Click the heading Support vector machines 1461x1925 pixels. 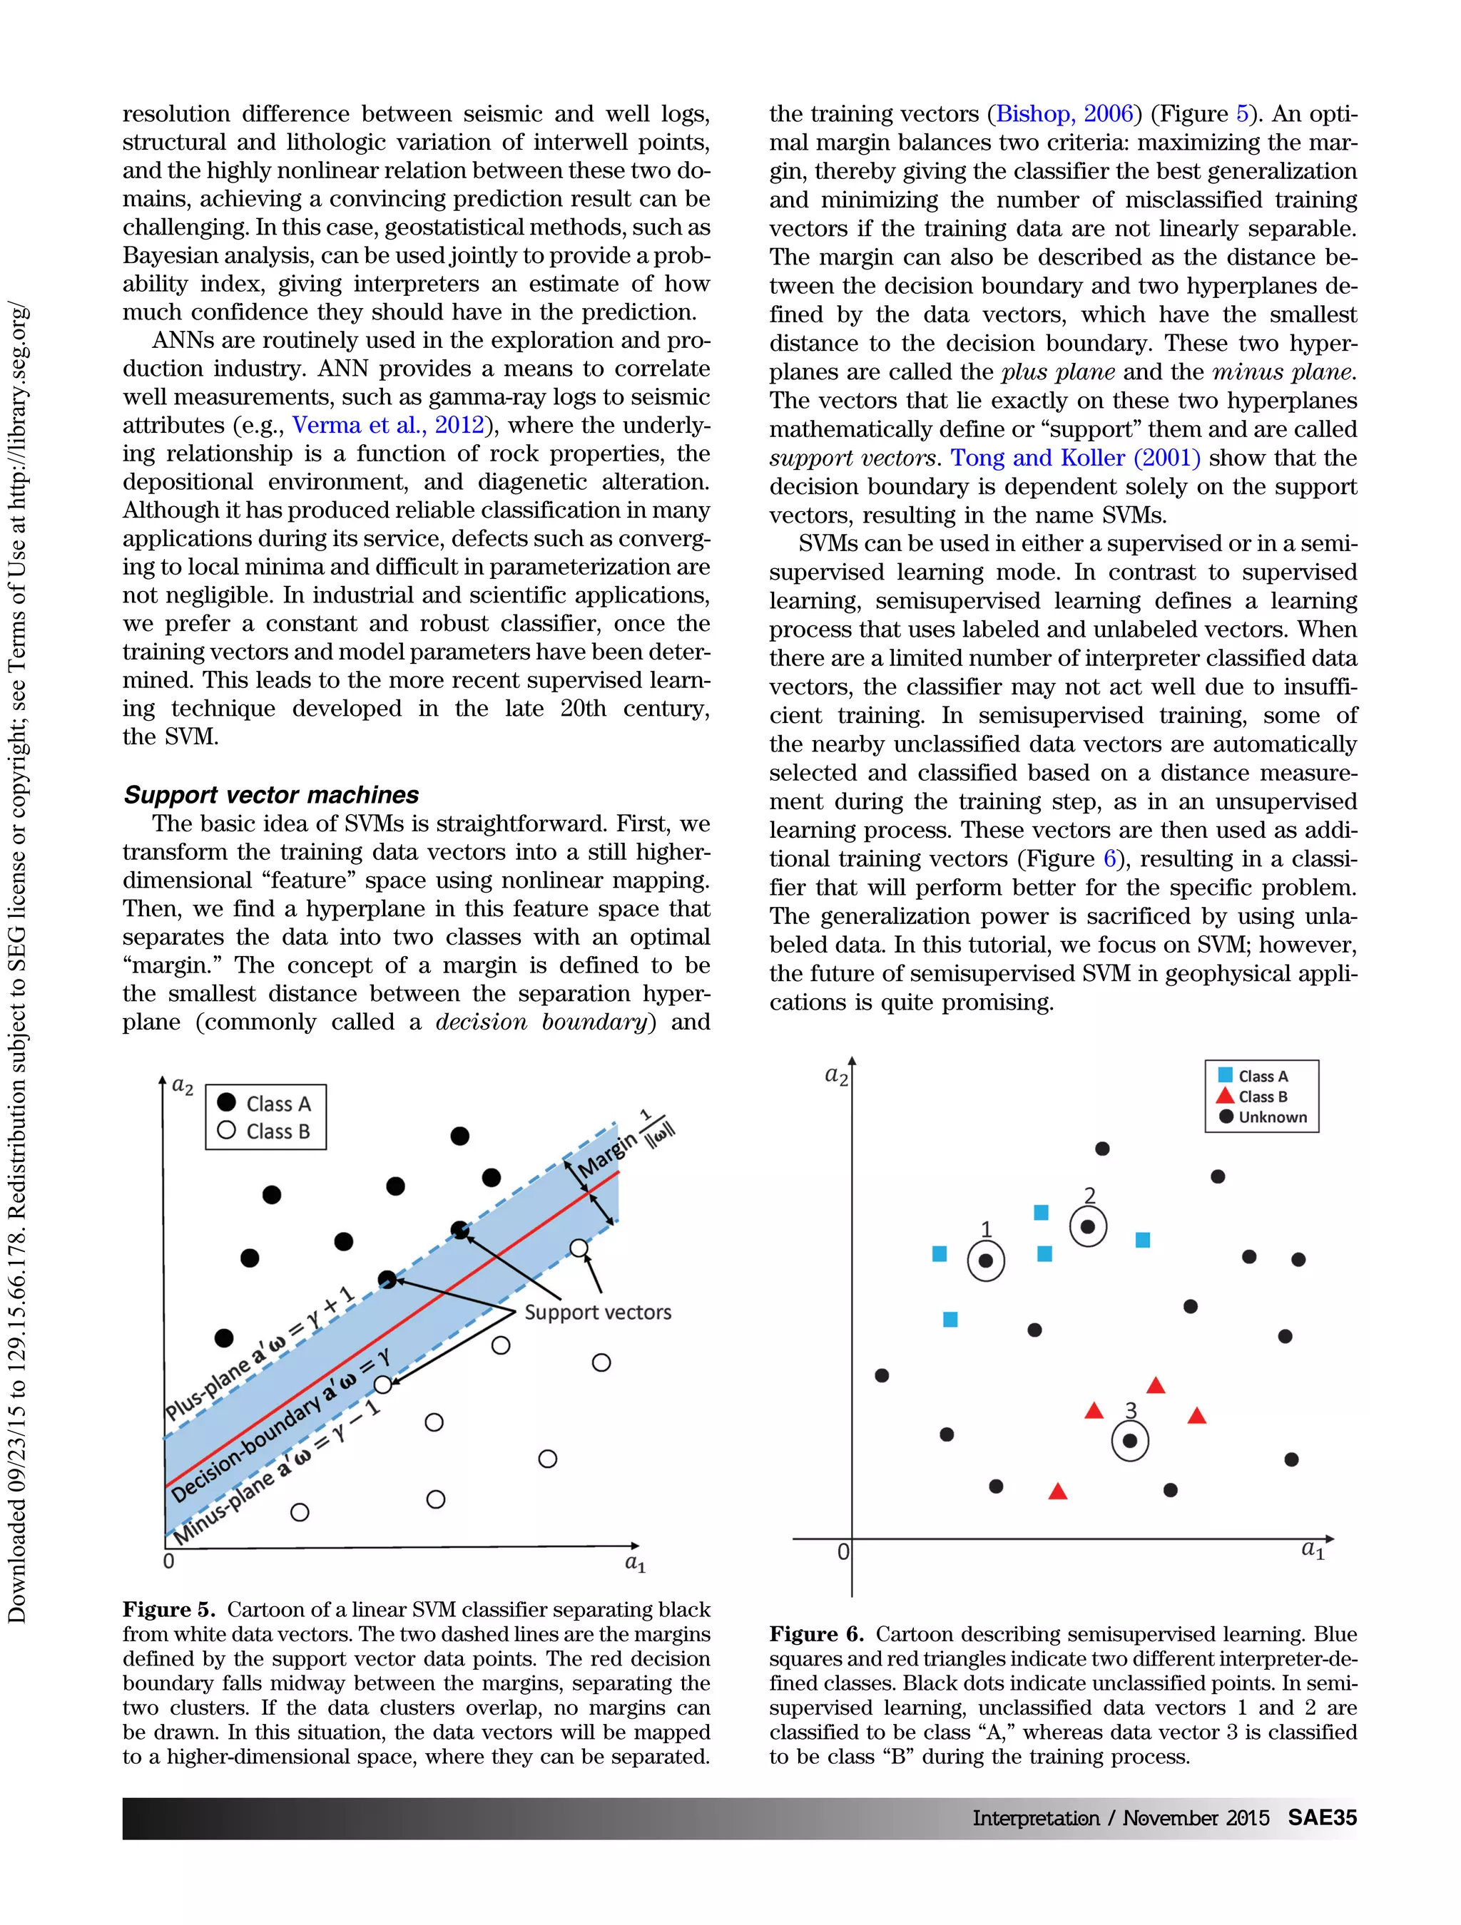click(271, 794)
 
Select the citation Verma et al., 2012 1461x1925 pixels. click(387, 425)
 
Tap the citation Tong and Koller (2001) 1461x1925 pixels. click(1074, 458)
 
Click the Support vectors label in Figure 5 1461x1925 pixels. click(597, 1313)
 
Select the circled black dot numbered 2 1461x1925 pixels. click(1087, 1227)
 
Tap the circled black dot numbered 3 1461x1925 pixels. click(1130, 1441)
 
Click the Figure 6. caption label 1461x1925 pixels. click(815, 1634)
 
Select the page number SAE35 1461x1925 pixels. click(1322, 1818)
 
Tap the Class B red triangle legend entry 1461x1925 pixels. click(1255, 1097)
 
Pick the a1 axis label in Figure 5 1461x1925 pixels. click(635, 1564)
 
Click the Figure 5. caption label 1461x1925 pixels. click(168, 1609)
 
